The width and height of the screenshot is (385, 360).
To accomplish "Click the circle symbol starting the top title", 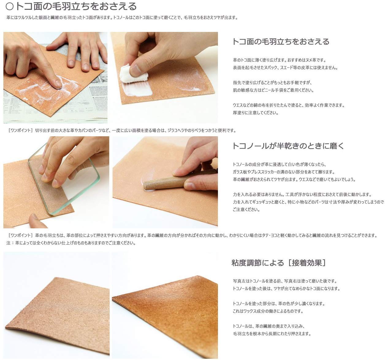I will [x=10, y=6].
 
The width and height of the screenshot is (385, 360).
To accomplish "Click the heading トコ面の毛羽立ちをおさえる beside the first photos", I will [x=281, y=42].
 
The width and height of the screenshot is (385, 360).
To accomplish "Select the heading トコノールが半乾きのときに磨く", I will [x=288, y=146].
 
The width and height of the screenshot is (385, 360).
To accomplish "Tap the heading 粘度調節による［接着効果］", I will [x=279, y=263].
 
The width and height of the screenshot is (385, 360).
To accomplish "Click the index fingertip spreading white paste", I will [x=57, y=83].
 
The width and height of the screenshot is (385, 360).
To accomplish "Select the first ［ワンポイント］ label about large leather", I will [x=20, y=130].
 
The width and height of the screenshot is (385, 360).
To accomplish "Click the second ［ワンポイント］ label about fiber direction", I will [x=20, y=235].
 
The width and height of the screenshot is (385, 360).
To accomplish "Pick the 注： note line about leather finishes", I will [x=71, y=243].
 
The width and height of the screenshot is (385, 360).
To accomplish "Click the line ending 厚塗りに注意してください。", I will [x=256, y=113].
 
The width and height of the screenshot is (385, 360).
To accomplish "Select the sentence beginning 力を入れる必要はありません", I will [x=302, y=195].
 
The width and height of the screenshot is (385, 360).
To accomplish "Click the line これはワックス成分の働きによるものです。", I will [x=268, y=311].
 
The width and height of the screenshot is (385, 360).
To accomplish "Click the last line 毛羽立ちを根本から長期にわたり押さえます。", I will [x=272, y=334].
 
